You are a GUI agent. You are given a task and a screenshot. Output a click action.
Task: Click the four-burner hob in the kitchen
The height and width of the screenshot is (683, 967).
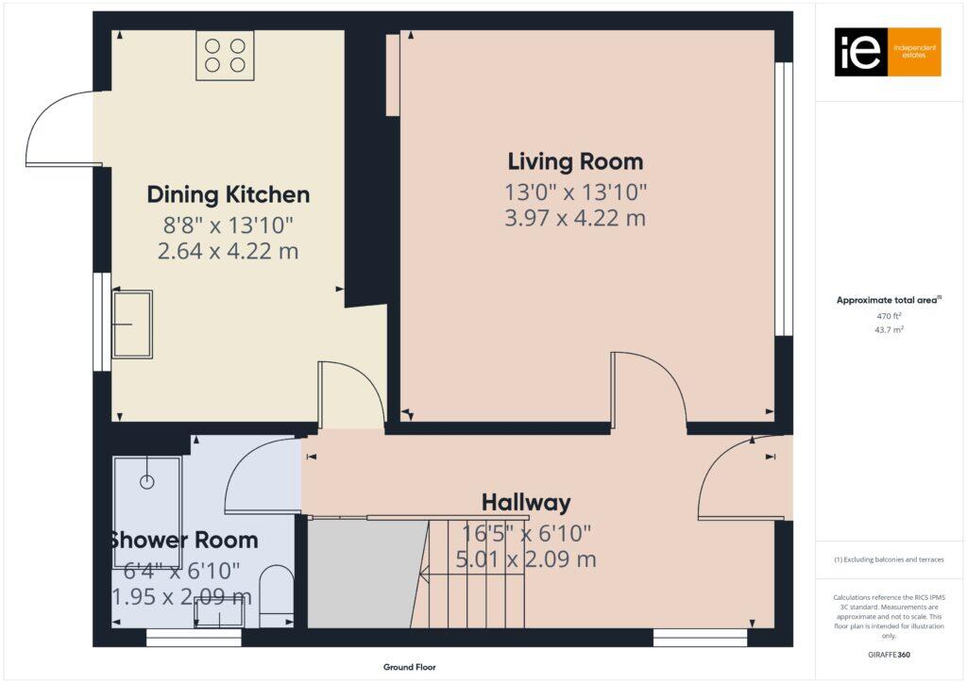click(225, 55)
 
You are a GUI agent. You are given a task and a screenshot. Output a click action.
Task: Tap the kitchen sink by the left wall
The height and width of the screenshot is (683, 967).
click(131, 325)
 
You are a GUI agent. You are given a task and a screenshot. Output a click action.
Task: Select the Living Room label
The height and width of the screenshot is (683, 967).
click(575, 161)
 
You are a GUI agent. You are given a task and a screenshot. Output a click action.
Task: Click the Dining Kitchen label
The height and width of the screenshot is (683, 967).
click(228, 195)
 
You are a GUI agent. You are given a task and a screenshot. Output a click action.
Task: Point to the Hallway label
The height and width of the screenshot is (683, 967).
click(526, 502)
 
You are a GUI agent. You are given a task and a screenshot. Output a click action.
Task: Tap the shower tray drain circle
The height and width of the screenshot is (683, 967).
click(146, 482)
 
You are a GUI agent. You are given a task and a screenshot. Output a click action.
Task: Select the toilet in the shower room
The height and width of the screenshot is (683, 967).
click(276, 594)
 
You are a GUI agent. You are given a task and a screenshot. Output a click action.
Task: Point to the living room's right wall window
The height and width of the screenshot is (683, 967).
click(783, 199)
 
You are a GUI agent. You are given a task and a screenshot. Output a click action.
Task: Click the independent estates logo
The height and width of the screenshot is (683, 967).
click(887, 52)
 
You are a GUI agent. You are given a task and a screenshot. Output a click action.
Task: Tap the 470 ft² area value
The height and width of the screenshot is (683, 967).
click(889, 317)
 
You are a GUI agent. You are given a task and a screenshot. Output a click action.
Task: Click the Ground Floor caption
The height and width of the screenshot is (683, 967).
click(409, 667)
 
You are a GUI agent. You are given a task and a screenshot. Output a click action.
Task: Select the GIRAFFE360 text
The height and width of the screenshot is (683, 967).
click(889, 654)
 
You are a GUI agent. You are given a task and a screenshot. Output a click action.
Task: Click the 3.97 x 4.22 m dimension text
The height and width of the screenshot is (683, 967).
click(575, 219)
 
